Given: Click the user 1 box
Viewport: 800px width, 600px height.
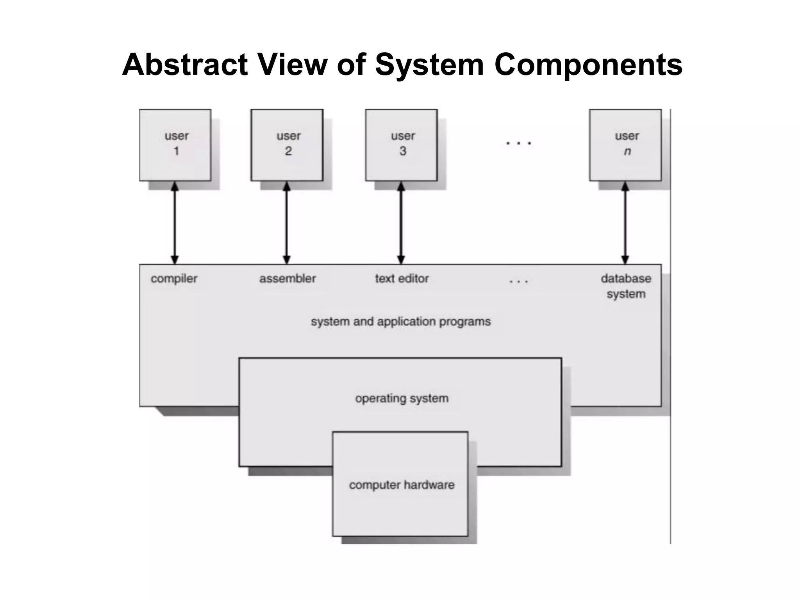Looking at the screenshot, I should [x=175, y=145].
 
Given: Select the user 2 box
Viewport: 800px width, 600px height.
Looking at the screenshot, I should [x=287, y=145].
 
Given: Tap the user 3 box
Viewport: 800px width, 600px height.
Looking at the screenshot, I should [x=402, y=145].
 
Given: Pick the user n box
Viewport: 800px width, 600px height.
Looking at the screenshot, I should [x=625, y=145].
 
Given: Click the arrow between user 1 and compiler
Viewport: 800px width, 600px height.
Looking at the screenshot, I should [x=175, y=223].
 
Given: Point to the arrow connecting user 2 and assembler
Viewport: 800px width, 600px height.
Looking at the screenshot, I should [x=287, y=223].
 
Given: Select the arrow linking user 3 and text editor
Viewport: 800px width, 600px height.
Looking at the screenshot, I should [x=401, y=223].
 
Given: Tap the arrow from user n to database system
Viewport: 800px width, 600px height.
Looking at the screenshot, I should [x=625, y=223].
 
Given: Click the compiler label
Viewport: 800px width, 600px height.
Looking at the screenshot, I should [x=174, y=279].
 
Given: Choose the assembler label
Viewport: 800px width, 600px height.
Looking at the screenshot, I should [x=287, y=279].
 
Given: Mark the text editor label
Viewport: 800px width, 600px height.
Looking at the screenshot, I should [x=402, y=279].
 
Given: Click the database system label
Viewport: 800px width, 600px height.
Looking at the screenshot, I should [x=626, y=286].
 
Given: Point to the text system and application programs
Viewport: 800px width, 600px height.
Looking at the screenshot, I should [x=401, y=321].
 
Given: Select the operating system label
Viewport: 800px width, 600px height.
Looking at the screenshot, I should [x=402, y=398].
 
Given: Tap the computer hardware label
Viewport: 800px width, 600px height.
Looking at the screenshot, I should [x=402, y=485].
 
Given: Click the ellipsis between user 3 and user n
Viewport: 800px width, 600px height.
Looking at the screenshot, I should [x=518, y=143].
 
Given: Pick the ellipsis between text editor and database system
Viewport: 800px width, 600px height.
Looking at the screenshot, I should [x=518, y=281].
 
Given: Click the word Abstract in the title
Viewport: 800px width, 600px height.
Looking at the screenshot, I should [x=185, y=64].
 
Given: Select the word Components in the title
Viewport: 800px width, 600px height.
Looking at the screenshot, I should [x=588, y=64].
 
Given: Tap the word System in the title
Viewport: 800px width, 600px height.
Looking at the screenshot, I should [x=429, y=64].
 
